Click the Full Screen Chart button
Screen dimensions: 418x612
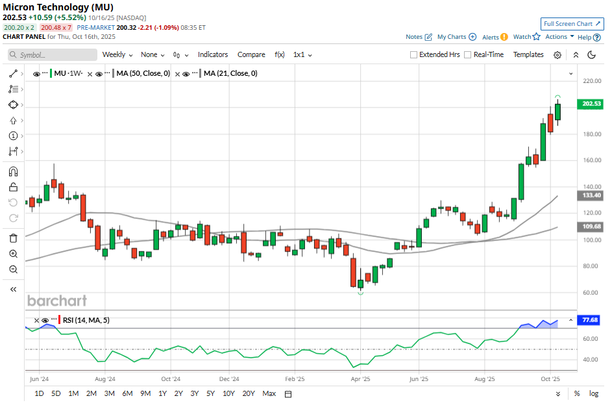(x=572, y=23)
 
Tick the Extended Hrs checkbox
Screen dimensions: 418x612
(x=414, y=55)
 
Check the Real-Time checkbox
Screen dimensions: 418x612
(x=467, y=55)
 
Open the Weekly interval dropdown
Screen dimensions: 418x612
(x=117, y=55)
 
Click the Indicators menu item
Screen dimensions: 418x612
(x=213, y=55)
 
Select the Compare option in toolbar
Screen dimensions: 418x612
(x=251, y=55)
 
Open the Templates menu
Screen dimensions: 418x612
(x=528, y=55)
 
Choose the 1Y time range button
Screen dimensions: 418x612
(x=162, y=393)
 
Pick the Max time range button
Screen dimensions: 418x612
(x=269, y=393)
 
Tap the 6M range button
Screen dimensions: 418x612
(x=127, y=393)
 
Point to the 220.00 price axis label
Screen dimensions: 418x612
(x=591, y=81)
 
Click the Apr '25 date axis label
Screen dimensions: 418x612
(x=360, y=378)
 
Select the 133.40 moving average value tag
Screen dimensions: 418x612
(x=590, y=195)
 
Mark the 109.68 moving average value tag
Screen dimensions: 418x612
(x=590, y=227)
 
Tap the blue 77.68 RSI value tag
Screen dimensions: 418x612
(x=590, y=320)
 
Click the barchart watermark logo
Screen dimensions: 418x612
(x=56, y=301)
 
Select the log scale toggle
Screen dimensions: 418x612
(x=593, y=393)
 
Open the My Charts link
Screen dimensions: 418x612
(x=456, y=37)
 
